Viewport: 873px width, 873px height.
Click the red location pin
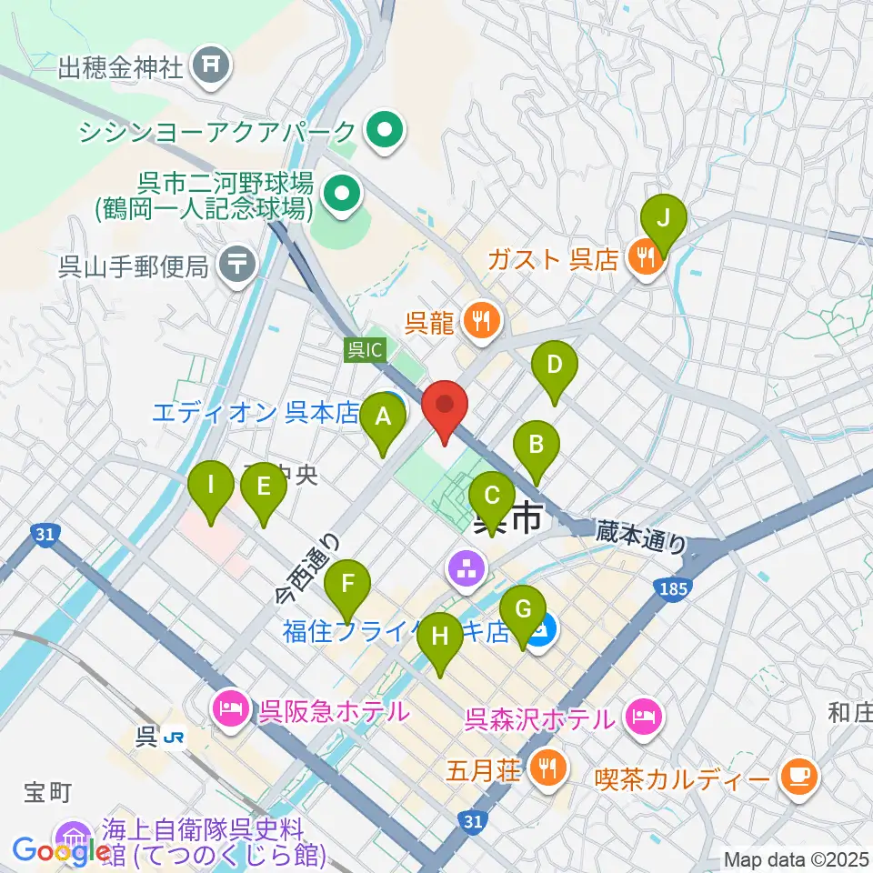point(445,408)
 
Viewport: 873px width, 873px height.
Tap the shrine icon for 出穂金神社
point(212,65)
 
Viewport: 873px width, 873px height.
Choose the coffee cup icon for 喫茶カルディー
point(800,776)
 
